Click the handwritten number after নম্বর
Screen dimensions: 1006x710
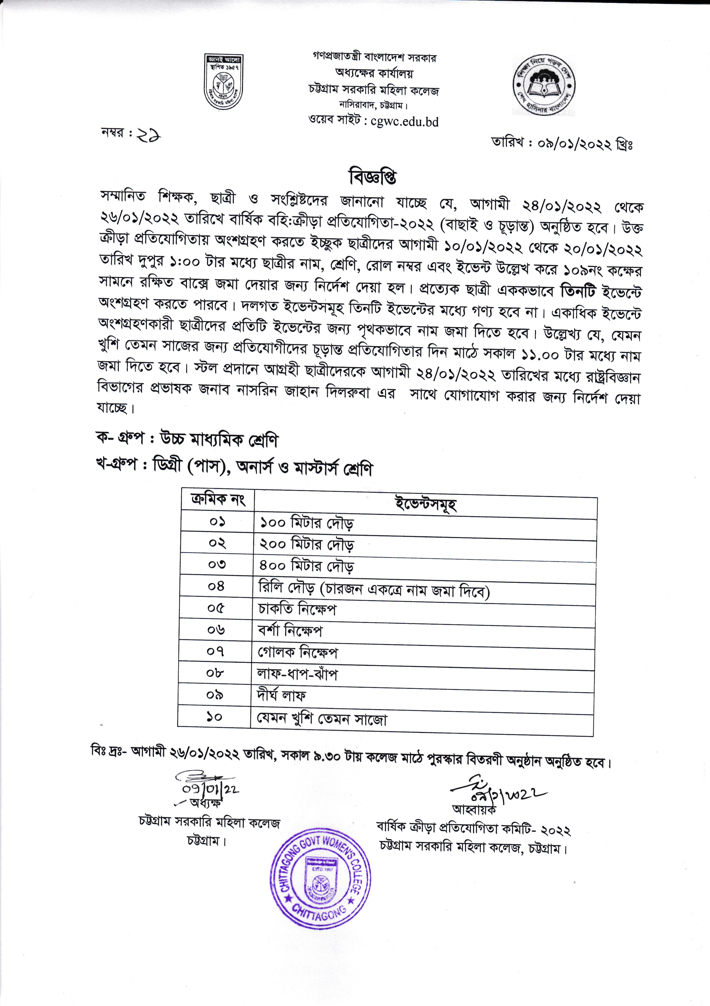point(148,136)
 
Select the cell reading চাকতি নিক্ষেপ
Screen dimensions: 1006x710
point(298,609)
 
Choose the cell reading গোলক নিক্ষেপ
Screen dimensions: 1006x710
point(298,652)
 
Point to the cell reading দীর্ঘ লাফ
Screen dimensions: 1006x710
point(281,695)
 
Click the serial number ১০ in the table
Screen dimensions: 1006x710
point(214,717)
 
